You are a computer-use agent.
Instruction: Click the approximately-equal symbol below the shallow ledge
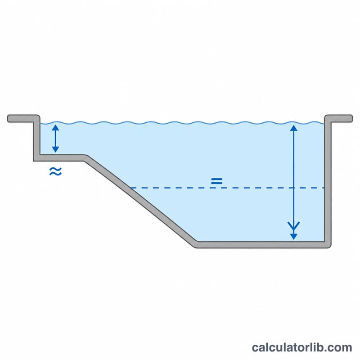(x=55, y=171)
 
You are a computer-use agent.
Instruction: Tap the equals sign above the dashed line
(x=217, y=181)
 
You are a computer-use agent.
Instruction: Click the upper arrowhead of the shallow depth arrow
(x=55, y=127)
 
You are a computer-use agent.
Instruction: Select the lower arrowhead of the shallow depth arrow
(x=55, y=149)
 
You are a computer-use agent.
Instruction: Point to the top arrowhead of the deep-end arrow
(x=294, y=128)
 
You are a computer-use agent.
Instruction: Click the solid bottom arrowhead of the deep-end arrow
(x=294, y=237)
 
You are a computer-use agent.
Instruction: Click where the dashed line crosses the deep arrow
(x=294, y=188)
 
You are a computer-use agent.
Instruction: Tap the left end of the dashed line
(x=131, y=188)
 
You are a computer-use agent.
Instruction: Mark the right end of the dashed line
(x=324, y=188)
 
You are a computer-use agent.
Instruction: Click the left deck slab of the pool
(x=23, y=118)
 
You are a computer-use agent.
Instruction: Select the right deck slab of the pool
(x=339, y=118)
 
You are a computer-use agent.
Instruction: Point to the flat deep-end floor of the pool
(x=262, y=245)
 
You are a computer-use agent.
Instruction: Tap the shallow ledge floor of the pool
(x=60, y=158)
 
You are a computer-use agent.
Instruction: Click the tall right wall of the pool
(x=328, y=181)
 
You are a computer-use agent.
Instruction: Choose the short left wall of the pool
(x=37, y=138)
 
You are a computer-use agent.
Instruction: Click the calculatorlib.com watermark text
(x=302, y=347)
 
